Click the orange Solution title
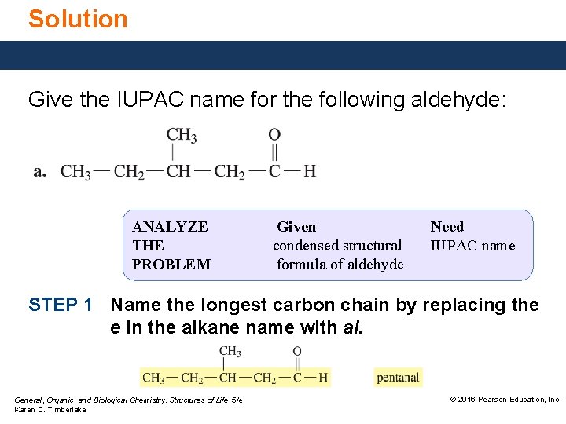78,19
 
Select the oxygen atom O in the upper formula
274,135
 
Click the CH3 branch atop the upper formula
181,135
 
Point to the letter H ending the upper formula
310,171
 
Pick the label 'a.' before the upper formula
40,171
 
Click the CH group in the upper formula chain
178,171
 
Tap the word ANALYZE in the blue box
170,227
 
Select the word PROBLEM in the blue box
171,265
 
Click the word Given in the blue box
296,227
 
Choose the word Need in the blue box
447,227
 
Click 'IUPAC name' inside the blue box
472,246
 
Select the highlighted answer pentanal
398,378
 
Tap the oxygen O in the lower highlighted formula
297,351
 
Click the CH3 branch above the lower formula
230,351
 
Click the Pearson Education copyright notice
505,400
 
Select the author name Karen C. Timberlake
50,410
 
